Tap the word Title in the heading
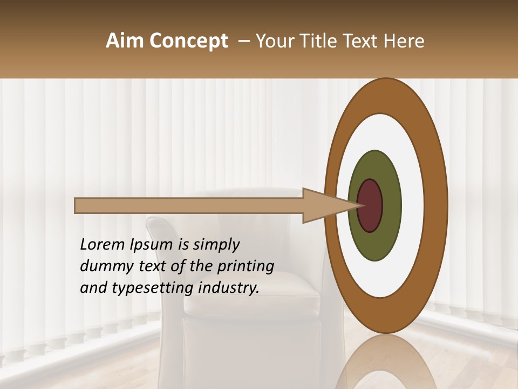[323, 41]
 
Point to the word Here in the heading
[404, 41]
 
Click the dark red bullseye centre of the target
[370, 205]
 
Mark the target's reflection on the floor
[386, 362]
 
